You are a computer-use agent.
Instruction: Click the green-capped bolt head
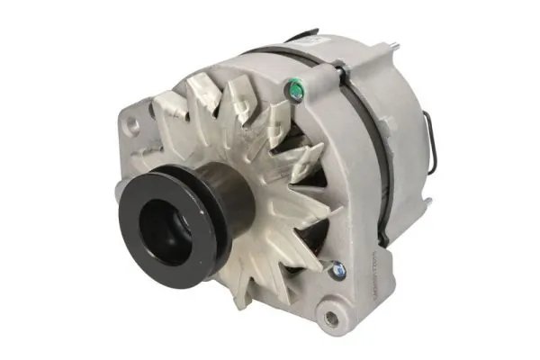[292, 86]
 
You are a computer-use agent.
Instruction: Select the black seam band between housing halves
[364, 135]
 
